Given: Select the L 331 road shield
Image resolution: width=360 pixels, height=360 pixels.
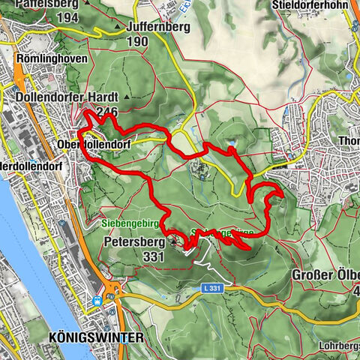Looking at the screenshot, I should pyautogui.click(x=212, y=288).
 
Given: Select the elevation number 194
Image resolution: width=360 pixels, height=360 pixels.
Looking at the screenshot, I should pyautogui.click(x=67, y=16).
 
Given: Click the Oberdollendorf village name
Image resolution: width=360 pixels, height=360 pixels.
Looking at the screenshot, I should pyautogui.click(x=88, y=142).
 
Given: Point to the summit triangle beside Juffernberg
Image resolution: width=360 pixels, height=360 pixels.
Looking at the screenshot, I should pyautogui.click(x=118, y=28).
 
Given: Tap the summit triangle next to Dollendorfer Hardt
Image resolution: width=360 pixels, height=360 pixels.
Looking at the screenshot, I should pyautogui.click(x=128, y=97).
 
